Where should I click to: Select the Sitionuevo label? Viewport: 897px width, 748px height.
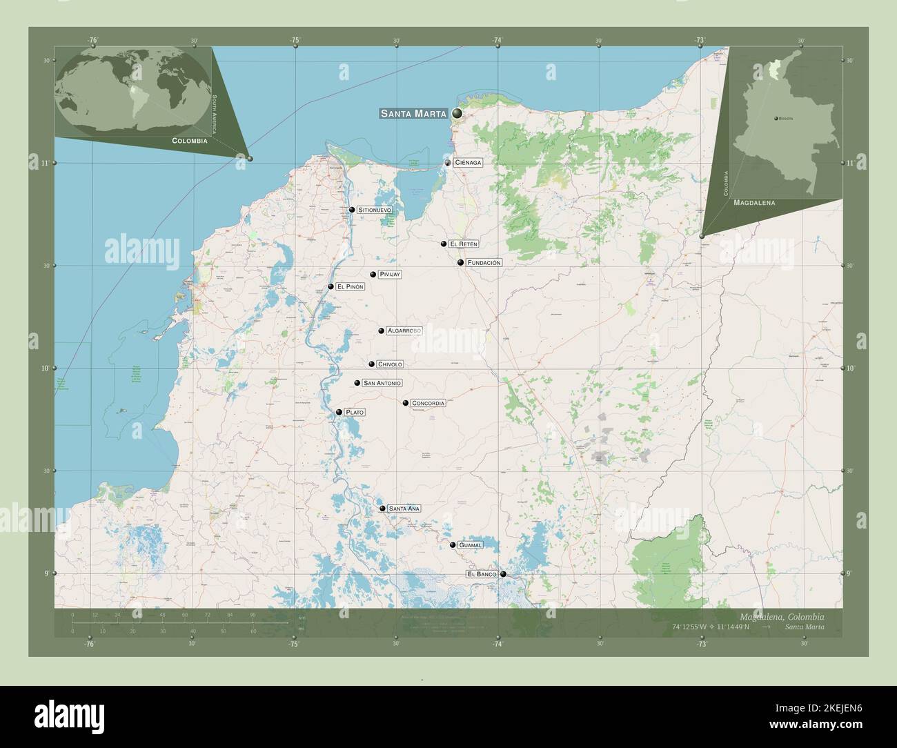tap(375, 209)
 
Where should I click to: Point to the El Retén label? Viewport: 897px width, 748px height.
tap(463, 244)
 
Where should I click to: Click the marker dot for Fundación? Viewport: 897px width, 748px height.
tap(460, 263)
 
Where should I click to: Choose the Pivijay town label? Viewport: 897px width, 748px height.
tap(389, 274)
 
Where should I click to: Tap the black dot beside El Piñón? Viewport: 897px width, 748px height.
tap(331, 286)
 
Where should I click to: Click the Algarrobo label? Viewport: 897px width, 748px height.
tap(404, 331)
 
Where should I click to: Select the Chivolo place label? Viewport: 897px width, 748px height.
tap(390, 364)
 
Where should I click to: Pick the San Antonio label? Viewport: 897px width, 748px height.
tap(382, 383)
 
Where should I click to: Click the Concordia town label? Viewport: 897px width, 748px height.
tap(428, 402)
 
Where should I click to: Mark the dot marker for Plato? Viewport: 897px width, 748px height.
tap(339, 412)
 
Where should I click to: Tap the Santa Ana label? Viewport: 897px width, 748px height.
tap(404, 509)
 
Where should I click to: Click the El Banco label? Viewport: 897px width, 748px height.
tap(482, 574)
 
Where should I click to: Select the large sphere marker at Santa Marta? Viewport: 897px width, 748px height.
tap(457, 113)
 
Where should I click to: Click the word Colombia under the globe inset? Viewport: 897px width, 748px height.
tap(188, 140)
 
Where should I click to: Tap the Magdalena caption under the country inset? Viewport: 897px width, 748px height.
tap(754, 204)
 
